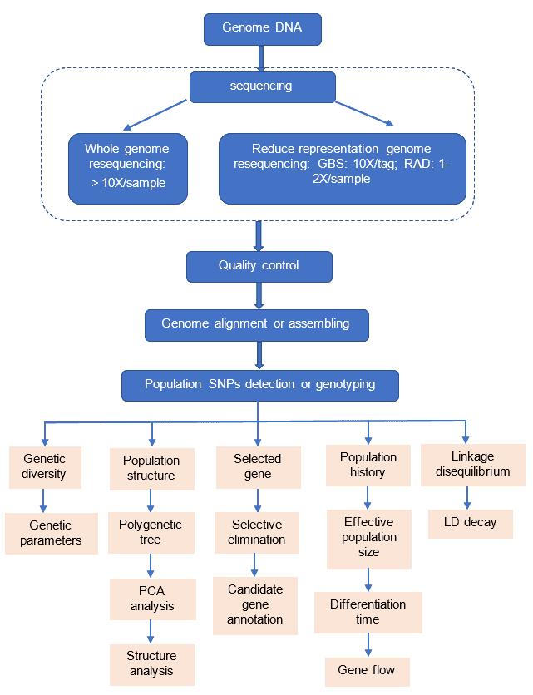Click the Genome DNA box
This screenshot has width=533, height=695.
[262, 28]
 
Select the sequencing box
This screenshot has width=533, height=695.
[261, 85]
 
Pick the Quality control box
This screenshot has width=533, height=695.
[259, 266]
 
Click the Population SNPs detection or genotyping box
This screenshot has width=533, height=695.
[260, 385]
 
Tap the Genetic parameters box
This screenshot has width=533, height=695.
[51, 533]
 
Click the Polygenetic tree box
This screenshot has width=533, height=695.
[151, 532]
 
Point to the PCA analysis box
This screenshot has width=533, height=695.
[152, 599]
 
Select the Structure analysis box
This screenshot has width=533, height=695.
[152, 663]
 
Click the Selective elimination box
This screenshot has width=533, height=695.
[258, 532]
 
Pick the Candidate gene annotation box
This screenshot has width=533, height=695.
[255, 604]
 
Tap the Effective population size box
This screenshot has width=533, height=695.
[368, 537]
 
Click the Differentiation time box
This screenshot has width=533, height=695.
[368, 611]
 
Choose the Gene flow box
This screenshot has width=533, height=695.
[367, 670]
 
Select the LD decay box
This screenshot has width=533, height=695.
[471, 523]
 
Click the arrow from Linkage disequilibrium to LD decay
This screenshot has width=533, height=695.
[467, 497]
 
